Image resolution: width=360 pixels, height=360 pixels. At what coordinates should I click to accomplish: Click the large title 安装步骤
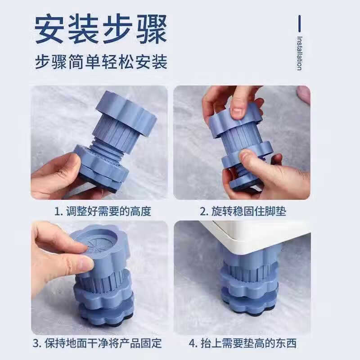point(101,30)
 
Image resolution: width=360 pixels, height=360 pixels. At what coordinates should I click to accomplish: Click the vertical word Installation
point(299,53)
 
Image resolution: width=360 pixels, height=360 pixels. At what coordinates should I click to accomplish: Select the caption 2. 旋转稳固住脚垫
point(243,211)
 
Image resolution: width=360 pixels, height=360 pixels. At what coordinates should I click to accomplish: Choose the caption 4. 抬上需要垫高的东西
point(243,344)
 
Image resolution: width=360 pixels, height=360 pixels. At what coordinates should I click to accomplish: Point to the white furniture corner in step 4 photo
point(252,234)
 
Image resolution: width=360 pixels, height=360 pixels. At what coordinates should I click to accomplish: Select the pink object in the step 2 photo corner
point(304,94)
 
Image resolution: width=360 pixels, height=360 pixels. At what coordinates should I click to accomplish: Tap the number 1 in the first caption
point(57,211)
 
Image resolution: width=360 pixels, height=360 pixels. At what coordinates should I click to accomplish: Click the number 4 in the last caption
point(192,344)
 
